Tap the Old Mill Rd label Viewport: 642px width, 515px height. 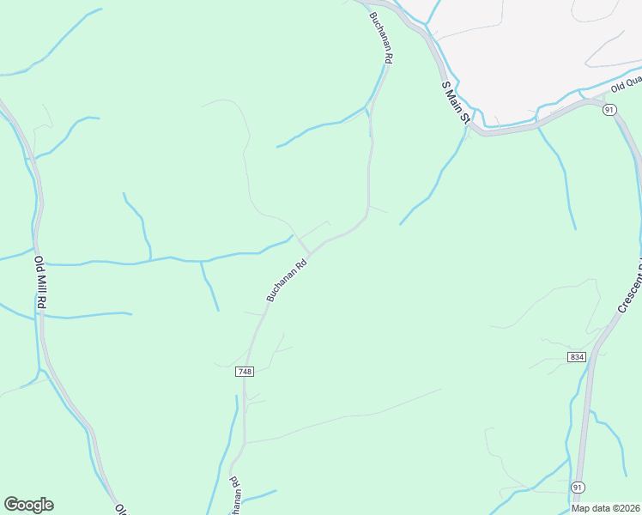[40, 282]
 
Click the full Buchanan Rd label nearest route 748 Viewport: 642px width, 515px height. [287, 281]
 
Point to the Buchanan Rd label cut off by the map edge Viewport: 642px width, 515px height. [233, 495]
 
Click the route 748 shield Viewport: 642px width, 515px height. [245, 371]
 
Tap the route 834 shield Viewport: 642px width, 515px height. [576, 356]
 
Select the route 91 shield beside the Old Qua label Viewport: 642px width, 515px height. [609, 110]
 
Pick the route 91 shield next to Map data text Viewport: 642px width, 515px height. [577, 487]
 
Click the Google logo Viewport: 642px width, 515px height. [28, 505]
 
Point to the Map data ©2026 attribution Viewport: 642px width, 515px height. [605, 507]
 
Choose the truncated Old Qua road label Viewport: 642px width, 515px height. [626, 84]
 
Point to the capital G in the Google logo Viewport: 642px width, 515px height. [11, 505]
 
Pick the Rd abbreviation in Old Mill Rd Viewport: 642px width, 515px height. [42, 302]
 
